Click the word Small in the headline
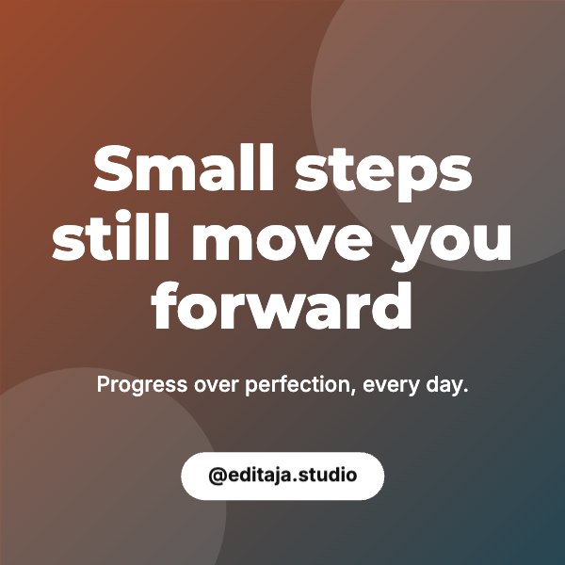(x=184, y=168)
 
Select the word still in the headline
(x=110, y=236)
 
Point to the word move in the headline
(x=282, y=242)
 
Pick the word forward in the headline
(x=282, y=305)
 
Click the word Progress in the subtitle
(x=142, y=385)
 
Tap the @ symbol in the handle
(x=218, y=476)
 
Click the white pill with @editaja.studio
(x=282, y=476)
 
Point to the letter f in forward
(x=163, y=305)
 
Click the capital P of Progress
(x=103, y=384)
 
